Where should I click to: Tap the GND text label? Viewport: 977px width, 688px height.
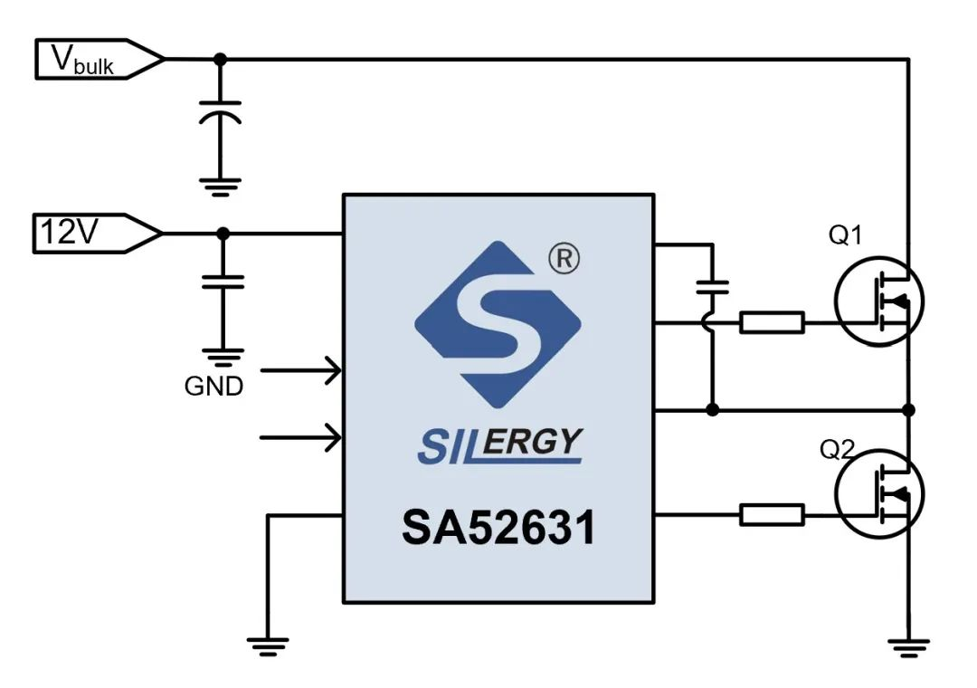pyautogui.click(x=213, y=387)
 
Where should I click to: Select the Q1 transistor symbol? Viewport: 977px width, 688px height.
pyautogui.click(x=878, y=301)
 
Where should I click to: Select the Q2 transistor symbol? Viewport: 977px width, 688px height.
pyautogui.click(x=878, y=494)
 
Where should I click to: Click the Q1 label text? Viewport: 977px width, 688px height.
pyautogui.click(x=846, y=236)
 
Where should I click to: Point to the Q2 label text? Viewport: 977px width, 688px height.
pyautogui.click(x=838, y=449)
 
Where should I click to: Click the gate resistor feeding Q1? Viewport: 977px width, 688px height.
pyautogui.click(x=772, y=321)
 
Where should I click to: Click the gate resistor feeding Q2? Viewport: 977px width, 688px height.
pyautogui.click(x=772, y=515)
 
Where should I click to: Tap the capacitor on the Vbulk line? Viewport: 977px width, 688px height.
pyautogui.click(x=220, y=113)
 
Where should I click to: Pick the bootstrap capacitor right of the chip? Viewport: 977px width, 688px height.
pyautogui.click(x=713, y=288)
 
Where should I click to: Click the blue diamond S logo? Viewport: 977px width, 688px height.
pyautogui.click(x=498, y=324)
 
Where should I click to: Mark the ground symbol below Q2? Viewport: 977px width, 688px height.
pyautogui.click(x=907, y=645)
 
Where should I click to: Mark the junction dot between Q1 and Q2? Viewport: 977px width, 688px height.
pyautogui.click(x=908, y=410)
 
